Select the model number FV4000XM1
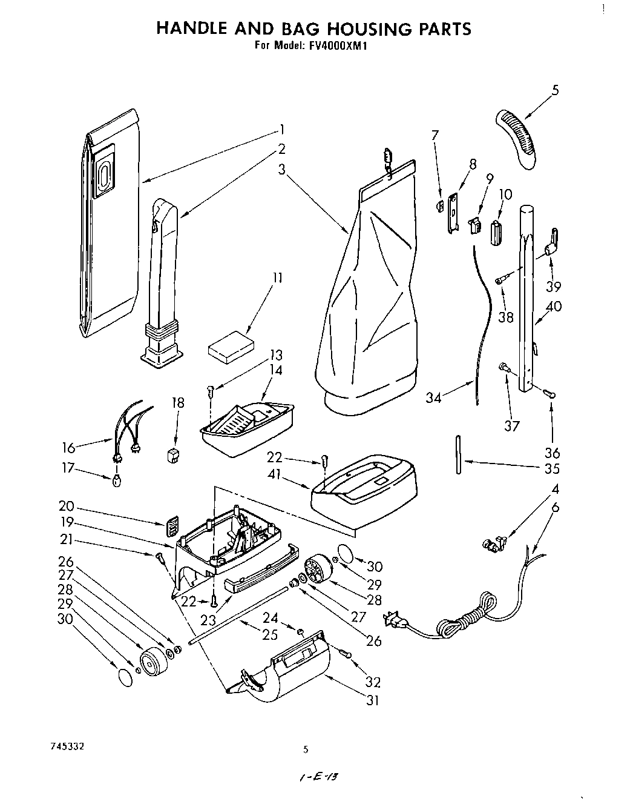[x=332, y=45]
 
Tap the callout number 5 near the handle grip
[x=554, y=90]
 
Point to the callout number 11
[x=277, y=278]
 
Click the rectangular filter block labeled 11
[x=229, y=350]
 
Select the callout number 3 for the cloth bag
[x=281, y=170]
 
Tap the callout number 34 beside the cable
[x=434, y=397]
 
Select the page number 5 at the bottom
[x=306, y=750]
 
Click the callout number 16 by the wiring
[x=68, y=447]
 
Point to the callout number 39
[x=553, y=287]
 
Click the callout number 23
[x=209, y=620]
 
